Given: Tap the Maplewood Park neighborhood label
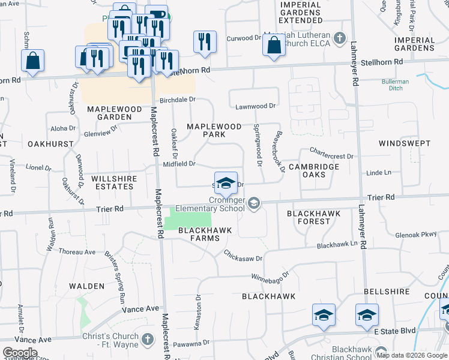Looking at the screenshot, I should click(214, 131).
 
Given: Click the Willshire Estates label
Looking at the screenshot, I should click(114, 182).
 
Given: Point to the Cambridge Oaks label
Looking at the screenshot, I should click(314, 170).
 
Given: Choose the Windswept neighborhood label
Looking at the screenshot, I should click(405, 143).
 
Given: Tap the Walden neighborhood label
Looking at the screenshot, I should click(87, 286).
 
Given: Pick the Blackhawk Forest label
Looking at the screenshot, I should click(313, 217).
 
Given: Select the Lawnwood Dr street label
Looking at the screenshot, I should click(255, 106).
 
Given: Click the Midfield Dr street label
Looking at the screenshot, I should click(179, 163).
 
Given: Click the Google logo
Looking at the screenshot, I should click(20, 353).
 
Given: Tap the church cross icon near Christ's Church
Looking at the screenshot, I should click(148, 340).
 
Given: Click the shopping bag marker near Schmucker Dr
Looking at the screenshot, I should click(32, 61).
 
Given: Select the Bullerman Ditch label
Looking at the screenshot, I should click(396, 85).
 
